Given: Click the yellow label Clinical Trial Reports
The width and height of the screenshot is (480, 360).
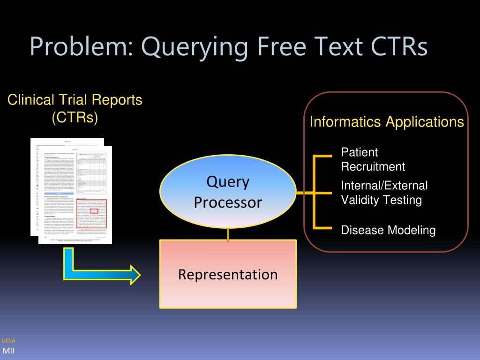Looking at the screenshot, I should [x=75, y=100].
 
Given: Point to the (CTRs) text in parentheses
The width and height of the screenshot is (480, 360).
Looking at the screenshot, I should [x=75, y=117].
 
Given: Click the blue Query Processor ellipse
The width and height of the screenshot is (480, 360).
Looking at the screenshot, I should [x=228, y=192].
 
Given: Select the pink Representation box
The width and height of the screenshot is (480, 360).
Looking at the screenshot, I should [x=228, y=274].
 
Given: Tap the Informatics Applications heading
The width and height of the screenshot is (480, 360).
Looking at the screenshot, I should [x=387, y=122].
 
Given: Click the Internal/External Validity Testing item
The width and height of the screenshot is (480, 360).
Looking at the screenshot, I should [x=384, y=193].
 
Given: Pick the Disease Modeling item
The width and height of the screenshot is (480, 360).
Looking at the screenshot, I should [x=388, y=230].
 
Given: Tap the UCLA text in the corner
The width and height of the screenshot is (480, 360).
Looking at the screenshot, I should [x=8, y=341].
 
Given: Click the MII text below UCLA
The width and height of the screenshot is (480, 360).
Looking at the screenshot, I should [x=9, y=351].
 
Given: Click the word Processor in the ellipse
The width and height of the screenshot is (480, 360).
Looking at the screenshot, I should [x=228, y=202].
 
